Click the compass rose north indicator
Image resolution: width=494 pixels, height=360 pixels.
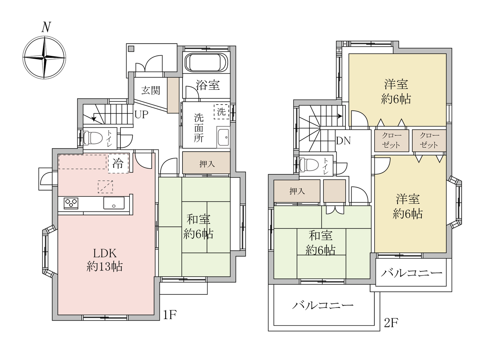tap(46, 27)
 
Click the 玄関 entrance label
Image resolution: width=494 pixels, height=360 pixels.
tap(151, 90)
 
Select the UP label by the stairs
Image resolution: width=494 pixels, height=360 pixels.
tap(141, 115)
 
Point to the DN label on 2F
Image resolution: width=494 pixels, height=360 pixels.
tap(343, 140)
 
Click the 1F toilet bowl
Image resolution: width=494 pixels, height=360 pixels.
tap(93, 138)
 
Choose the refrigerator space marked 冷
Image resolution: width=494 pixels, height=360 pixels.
tap(118, 164)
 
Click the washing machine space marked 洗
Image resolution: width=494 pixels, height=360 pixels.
tap(221, 112)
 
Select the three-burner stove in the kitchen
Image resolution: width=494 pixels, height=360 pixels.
tap(71, 203)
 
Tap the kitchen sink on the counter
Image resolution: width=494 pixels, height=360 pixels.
tap(114, 203)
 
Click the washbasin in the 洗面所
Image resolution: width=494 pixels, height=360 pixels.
tap(223, 137)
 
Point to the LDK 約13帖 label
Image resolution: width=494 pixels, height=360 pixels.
tap(105, 260)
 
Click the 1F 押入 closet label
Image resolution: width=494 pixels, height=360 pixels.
tap(207, 164)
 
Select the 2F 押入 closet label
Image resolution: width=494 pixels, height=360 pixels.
tap(297, 191)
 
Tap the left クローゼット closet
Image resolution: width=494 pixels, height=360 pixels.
tap(392, 140)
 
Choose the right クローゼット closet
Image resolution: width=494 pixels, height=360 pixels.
tap(429, 140)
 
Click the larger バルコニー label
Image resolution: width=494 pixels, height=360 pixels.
tap(323, 306)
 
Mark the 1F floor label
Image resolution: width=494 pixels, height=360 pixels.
tap(170, 314)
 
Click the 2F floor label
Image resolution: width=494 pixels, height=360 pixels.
tap(391, 323)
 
